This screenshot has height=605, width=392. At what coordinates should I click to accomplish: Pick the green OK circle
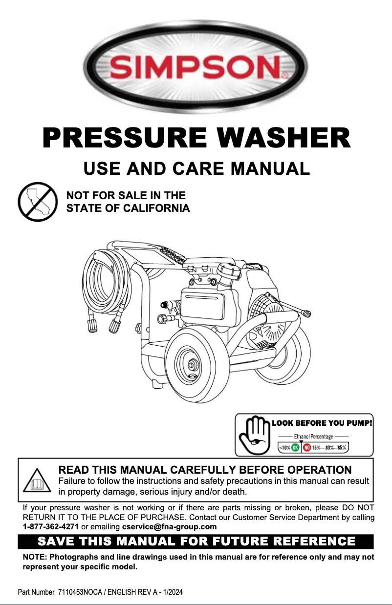pos(296,447)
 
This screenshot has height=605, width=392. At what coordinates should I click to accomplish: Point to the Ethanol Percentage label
pos(313,436)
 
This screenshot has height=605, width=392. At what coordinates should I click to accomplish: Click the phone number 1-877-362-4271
pos(51,527)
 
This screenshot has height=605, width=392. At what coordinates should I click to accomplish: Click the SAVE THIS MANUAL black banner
pos(196,542)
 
